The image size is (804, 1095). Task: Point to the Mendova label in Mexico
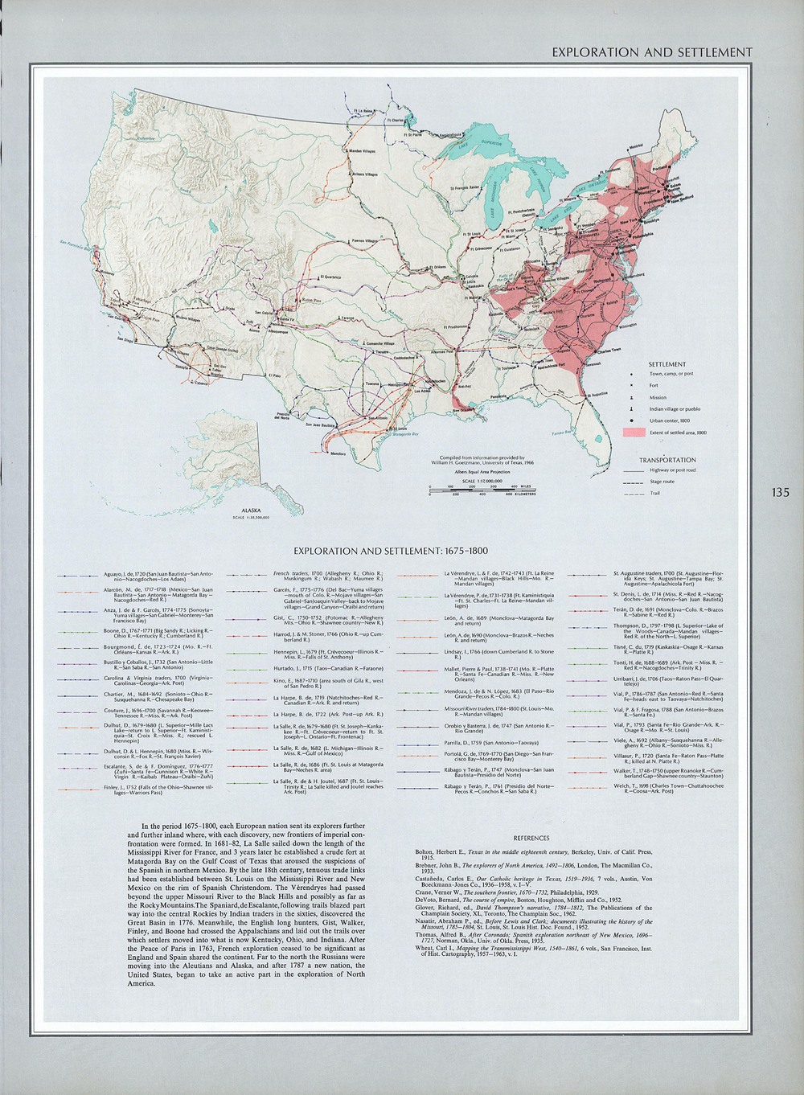[338, 454]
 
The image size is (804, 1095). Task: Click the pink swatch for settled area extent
[634, 433]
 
